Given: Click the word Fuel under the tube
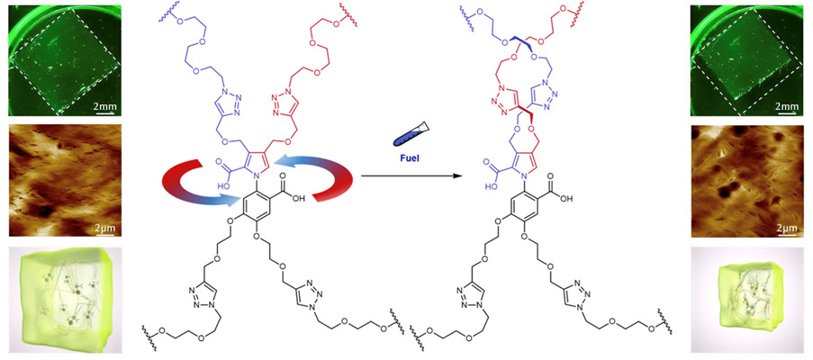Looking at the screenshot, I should point(409,155).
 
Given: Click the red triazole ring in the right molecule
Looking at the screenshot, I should point(502,103).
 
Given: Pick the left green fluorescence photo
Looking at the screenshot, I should point(58,58).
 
